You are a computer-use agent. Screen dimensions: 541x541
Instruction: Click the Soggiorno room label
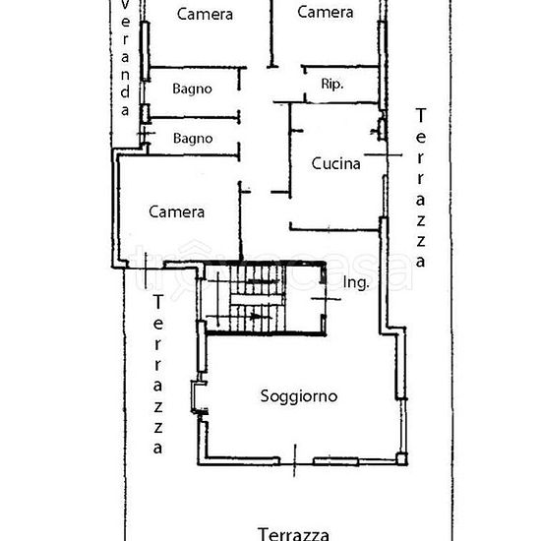click(x=299, y=396)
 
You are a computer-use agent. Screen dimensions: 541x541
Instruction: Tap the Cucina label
click(x=335, y=164)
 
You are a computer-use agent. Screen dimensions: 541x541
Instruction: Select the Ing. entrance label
click(x=356, y=283)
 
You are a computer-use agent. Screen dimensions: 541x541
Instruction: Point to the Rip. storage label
click(x=331, y=85)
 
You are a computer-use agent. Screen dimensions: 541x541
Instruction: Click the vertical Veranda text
click(x=125, y=59)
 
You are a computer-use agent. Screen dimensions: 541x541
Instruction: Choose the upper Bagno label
click(x=192, y=89)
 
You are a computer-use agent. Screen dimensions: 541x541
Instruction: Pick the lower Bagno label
click(x=192, y=138)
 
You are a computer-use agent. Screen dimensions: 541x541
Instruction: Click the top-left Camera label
click(x=205, y=14)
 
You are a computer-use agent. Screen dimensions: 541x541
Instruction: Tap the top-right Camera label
click(x=326, y=13)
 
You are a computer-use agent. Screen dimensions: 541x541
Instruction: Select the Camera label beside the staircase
click(x=177, y=211)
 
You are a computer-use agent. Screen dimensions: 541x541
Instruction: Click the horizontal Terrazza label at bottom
click(x=293, y=534)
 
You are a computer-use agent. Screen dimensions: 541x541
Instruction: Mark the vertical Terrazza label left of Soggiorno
click(x=157, y=374)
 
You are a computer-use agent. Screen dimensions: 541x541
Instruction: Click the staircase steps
click(x=261, y=298)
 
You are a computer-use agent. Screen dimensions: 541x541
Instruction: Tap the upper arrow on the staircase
click(x=258, y=283)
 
